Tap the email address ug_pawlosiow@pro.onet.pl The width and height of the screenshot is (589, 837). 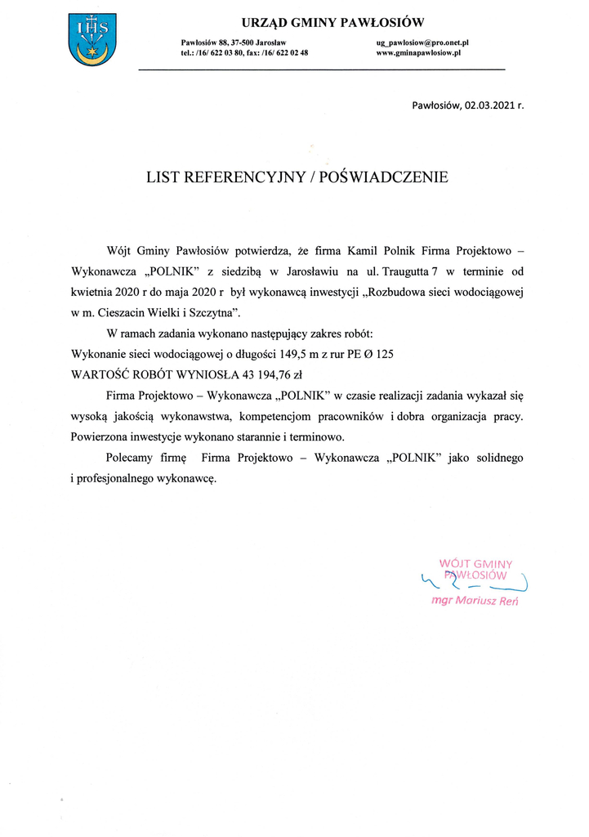pos(422,42)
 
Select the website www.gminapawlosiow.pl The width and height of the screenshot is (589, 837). pos(419,52)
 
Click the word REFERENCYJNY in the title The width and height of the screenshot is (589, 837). pos(246,176)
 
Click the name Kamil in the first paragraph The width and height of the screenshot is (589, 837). pos(364,249)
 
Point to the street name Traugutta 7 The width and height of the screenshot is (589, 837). pos(414,271)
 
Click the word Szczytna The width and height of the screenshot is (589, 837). pos(216,312)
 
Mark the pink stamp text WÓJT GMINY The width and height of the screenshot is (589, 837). pos(475,562)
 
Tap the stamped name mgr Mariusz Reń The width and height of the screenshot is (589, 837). pos(475,602)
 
